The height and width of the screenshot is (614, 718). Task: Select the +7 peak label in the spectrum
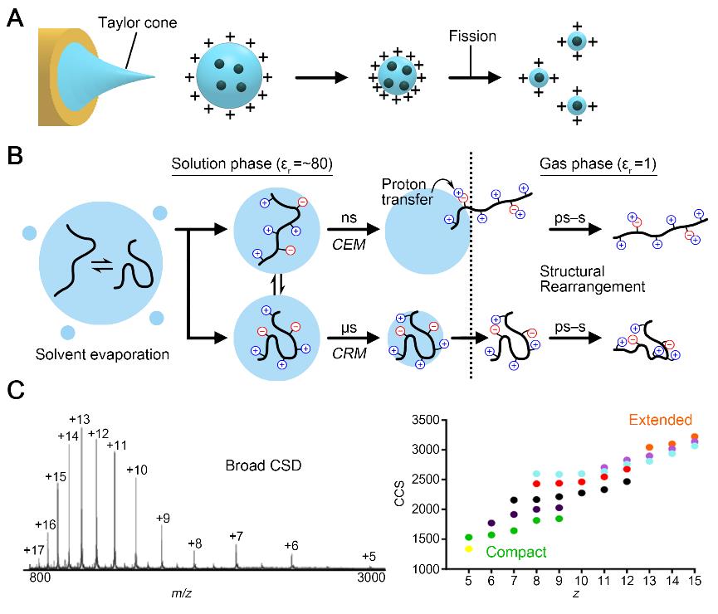pos(237,536)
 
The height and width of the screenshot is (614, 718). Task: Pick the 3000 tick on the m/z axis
pos(370,577)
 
